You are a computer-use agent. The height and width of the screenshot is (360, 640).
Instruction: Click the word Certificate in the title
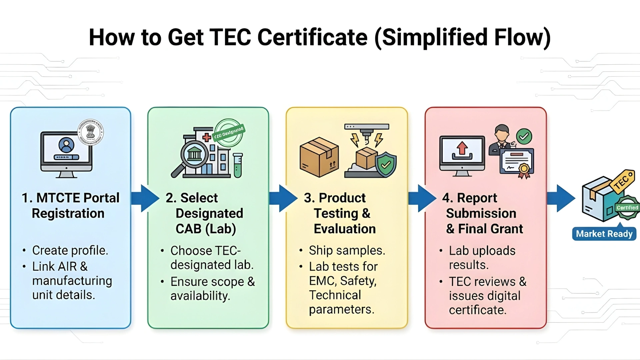coord(312,37)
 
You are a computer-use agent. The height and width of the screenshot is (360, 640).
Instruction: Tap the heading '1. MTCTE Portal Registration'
coord(70,205)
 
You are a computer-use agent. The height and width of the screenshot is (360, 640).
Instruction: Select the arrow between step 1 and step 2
coord(145,198)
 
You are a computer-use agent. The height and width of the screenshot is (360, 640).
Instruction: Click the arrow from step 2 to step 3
coord(283,198)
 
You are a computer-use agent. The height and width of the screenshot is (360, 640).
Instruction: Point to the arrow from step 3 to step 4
coord(422,198)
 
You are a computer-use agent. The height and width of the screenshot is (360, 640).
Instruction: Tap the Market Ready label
coord(604,234)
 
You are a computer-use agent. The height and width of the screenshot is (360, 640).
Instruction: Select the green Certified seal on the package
coord(627,208)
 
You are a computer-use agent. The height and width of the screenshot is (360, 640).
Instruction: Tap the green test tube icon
coord(238,165)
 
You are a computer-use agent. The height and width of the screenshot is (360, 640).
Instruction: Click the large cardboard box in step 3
coord(319,157)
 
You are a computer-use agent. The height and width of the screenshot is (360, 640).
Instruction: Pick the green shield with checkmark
coord(386,164)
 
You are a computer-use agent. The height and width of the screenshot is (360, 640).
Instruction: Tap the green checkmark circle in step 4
coord(524,137)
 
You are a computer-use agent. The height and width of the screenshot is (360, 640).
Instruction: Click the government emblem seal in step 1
coord(90,132)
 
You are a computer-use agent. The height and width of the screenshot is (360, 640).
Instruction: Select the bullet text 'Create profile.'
coord(70,250)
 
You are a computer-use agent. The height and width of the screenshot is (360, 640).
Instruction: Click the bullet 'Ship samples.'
coord(347,250)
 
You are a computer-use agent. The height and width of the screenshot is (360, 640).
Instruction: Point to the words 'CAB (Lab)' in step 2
coord(206,229)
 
